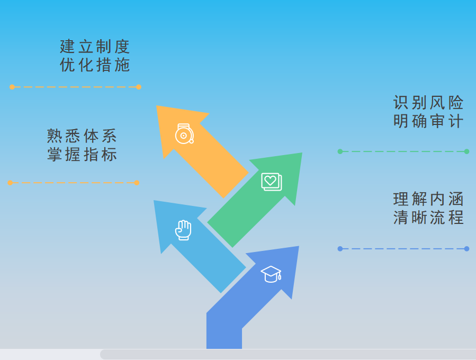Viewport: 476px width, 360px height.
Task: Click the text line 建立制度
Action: (95, 47)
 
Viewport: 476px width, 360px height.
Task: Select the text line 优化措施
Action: (95, 65)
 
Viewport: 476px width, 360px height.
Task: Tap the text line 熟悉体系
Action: (82, 136)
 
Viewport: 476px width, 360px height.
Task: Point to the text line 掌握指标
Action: (82, 155)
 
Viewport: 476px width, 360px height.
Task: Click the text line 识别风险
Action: (428, 103)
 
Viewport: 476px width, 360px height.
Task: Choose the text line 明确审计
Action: (428, 121)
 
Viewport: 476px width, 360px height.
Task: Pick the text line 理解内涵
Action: (428, 199)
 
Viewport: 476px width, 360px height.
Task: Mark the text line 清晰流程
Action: (428, 218)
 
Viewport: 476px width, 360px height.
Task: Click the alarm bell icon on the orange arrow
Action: (184, 134)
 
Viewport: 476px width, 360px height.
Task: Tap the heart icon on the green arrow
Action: (271, 181)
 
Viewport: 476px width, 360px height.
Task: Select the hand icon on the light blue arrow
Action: (183, 230)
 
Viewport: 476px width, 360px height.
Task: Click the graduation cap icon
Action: (271, 274)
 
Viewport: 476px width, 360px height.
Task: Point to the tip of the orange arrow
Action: (157, 106)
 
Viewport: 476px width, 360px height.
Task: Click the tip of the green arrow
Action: (301, 154)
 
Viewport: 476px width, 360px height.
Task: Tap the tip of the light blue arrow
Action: (155, 201)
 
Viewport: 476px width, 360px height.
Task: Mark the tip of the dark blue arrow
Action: (298, 247)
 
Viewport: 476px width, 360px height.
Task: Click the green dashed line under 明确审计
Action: (403, 151)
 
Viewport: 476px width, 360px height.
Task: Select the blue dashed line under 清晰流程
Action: (403, 249)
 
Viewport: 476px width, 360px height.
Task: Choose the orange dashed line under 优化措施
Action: (75, 87)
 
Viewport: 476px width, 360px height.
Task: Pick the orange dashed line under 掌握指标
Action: (74, 183)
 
